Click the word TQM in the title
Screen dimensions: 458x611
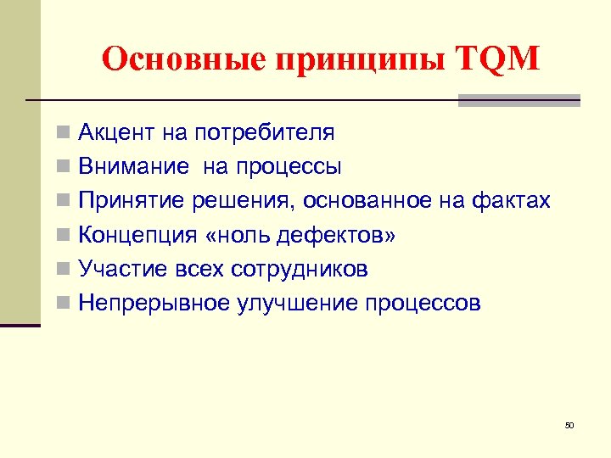pos(497,60)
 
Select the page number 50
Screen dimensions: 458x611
pos(569,425)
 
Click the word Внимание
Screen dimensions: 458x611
pos(133,167)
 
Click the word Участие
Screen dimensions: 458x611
pos(121,269)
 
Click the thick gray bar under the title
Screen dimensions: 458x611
pos(519,101)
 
